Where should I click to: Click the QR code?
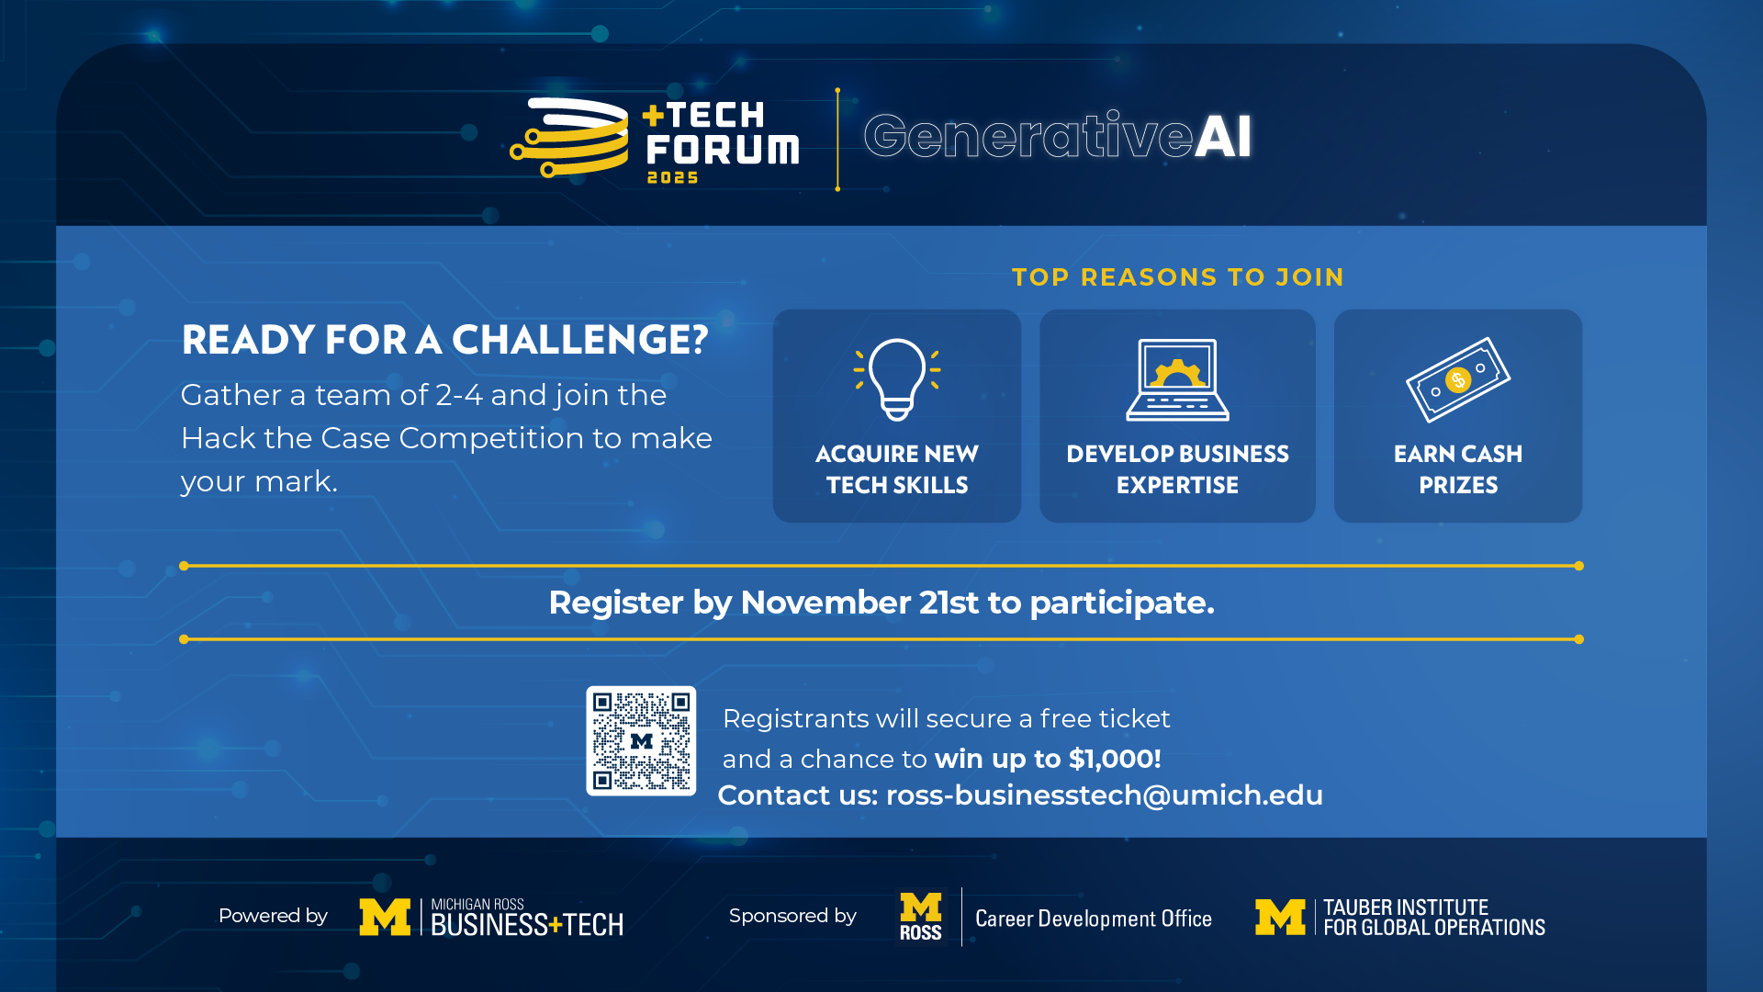click(x=641, y=740)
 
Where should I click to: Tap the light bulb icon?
click(x=897, y=379)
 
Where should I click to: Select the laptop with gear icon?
click(x=1177, y=379)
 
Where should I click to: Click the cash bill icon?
click(x=1458, y=379)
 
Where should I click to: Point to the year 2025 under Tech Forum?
click(x=673, y=177)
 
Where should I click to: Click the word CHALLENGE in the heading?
click(x=580, y=340)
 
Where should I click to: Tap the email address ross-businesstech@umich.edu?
click(x=1104, y=795)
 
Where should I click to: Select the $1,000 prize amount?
click(x=1115, y=759)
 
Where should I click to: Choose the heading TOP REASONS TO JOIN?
click(x=1178, y=277)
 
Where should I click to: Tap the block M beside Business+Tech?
click(x=385, y=917)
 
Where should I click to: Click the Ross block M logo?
click(x=921, y=917)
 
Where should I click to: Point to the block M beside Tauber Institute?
click(x=1280, y=917)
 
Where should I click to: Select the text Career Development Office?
click(x=1094, y=919)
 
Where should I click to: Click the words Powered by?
click(x=273, y=916)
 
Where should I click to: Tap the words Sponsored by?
click(x=792, y=916)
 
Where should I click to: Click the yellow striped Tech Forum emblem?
click(x=569, y=138)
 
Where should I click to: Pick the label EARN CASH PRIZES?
click(x=1458, y=469)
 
